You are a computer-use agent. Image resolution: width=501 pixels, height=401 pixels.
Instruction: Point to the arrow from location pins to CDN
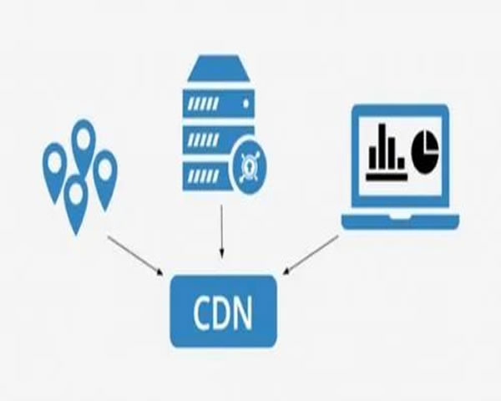pyautogui.click(x=135, y=254)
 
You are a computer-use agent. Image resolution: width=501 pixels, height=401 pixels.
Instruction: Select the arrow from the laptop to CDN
pyautogui.click(x=311, y=254)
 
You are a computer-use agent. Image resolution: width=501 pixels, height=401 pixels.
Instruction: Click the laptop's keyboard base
pyautogui.click(x=400, y=221)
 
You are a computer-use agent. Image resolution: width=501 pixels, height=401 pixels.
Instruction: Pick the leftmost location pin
pyautogui.click(x=55, y=167)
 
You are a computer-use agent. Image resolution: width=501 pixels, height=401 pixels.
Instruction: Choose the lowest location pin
pyautogui.click(x=76, y=199)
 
